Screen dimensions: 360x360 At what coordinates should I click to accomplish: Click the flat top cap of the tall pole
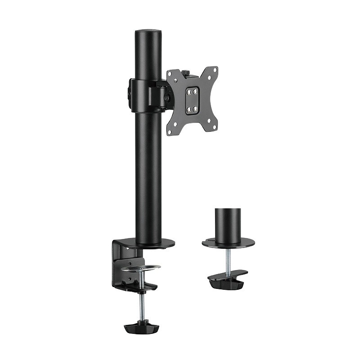148,32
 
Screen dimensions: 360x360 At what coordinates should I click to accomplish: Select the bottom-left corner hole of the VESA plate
170,132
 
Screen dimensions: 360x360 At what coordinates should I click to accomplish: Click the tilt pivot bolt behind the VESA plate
167,96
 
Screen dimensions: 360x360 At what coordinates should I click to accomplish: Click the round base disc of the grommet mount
228,243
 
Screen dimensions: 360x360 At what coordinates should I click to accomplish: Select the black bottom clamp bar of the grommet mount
228,277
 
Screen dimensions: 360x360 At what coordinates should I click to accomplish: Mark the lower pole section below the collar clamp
148,175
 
